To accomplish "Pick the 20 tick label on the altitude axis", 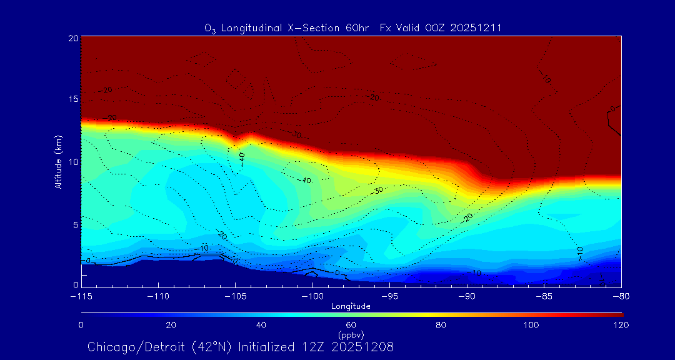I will coord(72,38).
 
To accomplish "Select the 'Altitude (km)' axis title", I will coord(58,161).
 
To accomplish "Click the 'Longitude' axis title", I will coord(351,306).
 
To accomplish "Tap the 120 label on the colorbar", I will coord(621,325).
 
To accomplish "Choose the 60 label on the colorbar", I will coord(351,325).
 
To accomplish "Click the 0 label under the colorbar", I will coord(81,325).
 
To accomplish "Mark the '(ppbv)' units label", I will coord(351,335).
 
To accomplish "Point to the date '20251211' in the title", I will coord(475,28).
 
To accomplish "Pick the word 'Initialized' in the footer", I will coord(261,347).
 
